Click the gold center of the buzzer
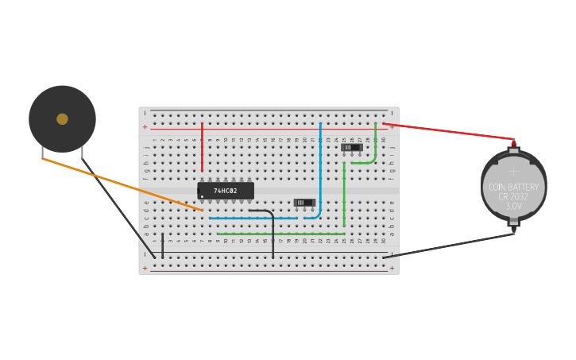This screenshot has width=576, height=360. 62,119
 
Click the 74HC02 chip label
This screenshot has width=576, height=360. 226,191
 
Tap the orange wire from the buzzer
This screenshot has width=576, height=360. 119,184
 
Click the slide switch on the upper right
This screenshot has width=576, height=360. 351,147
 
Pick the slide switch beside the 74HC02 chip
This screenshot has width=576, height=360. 303,203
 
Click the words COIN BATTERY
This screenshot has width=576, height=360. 513,188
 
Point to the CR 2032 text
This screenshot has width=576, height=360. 513,196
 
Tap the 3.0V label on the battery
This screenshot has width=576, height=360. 513,206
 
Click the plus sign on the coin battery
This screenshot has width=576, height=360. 513,171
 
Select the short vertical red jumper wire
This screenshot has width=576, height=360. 202,147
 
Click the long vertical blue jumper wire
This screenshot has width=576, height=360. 320,167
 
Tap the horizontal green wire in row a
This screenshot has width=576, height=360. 278,234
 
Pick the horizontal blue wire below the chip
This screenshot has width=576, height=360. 254,218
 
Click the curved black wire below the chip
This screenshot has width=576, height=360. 272,230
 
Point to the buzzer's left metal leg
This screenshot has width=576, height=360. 42,153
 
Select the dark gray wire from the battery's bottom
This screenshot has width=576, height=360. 445,245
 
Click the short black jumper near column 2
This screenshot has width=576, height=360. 163,246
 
